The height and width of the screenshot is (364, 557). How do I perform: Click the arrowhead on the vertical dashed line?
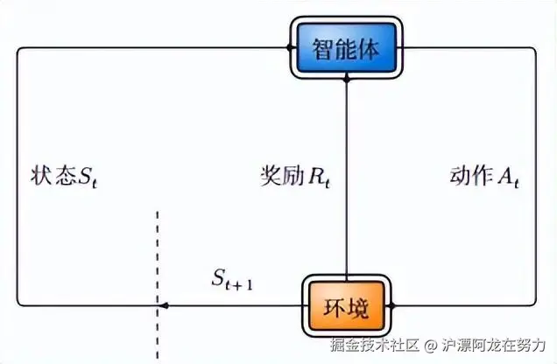pyautogui.click(x=162, y=306)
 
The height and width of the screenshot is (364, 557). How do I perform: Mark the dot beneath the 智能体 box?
pyautogui.click(x=347, y=79)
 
